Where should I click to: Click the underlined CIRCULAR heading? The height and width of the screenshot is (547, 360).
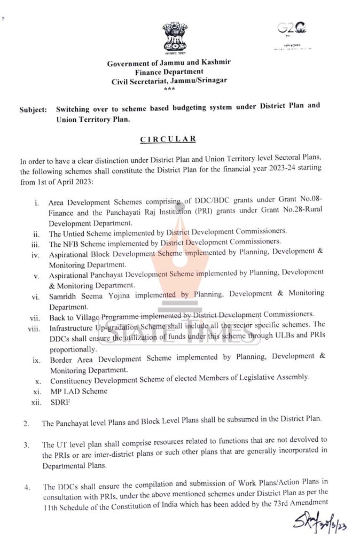pos(168,139)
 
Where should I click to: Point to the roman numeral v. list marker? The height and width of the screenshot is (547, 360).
pos(36,277)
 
